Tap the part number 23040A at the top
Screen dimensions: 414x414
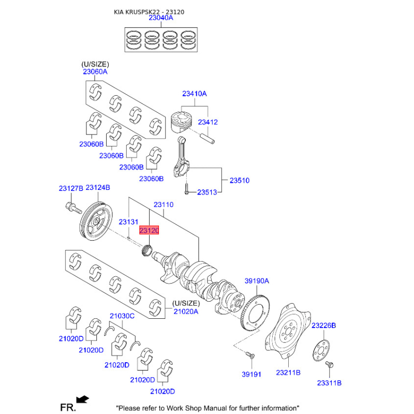(x=161, y=18)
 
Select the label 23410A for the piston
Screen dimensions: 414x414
(x=194, y=94)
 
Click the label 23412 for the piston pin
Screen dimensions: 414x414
(x=208, y=122)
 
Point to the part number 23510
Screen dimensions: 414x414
(x=240, y=181)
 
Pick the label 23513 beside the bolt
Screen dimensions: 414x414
(x=207, y=192)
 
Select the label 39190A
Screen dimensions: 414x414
(x=257, y=281)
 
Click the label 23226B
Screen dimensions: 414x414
(x=324, y=325)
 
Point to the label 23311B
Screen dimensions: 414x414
(x=330, y=383)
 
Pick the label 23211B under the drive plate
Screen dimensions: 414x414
(x=289, y=372)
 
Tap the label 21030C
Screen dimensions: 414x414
(x=122, y=315)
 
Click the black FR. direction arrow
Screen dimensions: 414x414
(x=82, y=399)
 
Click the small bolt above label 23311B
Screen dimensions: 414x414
(x=328, y=365)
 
